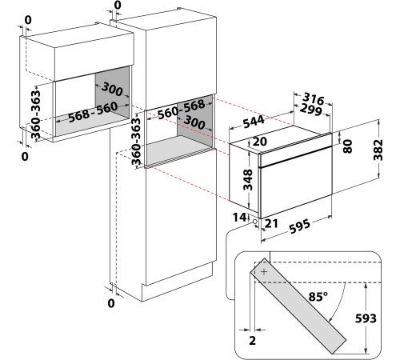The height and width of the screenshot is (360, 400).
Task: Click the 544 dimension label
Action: click(254, 122)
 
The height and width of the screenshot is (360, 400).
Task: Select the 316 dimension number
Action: click(314, 98)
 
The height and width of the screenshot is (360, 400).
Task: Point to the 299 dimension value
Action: click(310, 110)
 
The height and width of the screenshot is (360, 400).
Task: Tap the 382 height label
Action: click(378, 150)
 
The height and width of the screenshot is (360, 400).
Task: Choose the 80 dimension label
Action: click(347, 146)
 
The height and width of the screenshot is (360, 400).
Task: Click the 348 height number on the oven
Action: click(248, 179)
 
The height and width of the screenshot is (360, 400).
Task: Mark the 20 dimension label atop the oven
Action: click(259, 142)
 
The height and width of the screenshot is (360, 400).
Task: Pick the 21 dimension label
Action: click(271, 223)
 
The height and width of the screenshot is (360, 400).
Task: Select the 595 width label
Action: click(300, 226)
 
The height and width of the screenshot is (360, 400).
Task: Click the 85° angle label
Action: click(318, 297)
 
